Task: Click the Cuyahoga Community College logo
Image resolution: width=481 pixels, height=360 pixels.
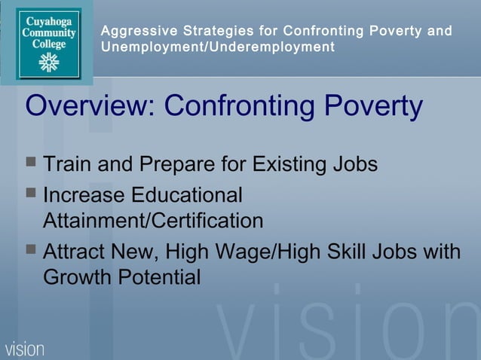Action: pos(49,42)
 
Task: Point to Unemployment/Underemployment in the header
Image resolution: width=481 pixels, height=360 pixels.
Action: pos(218,47)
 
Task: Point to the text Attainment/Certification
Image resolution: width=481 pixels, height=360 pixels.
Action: pos(153,221)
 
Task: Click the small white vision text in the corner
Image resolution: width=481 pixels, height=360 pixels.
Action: pos(25,349)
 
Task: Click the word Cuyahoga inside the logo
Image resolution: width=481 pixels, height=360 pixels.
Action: pos(49,21)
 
